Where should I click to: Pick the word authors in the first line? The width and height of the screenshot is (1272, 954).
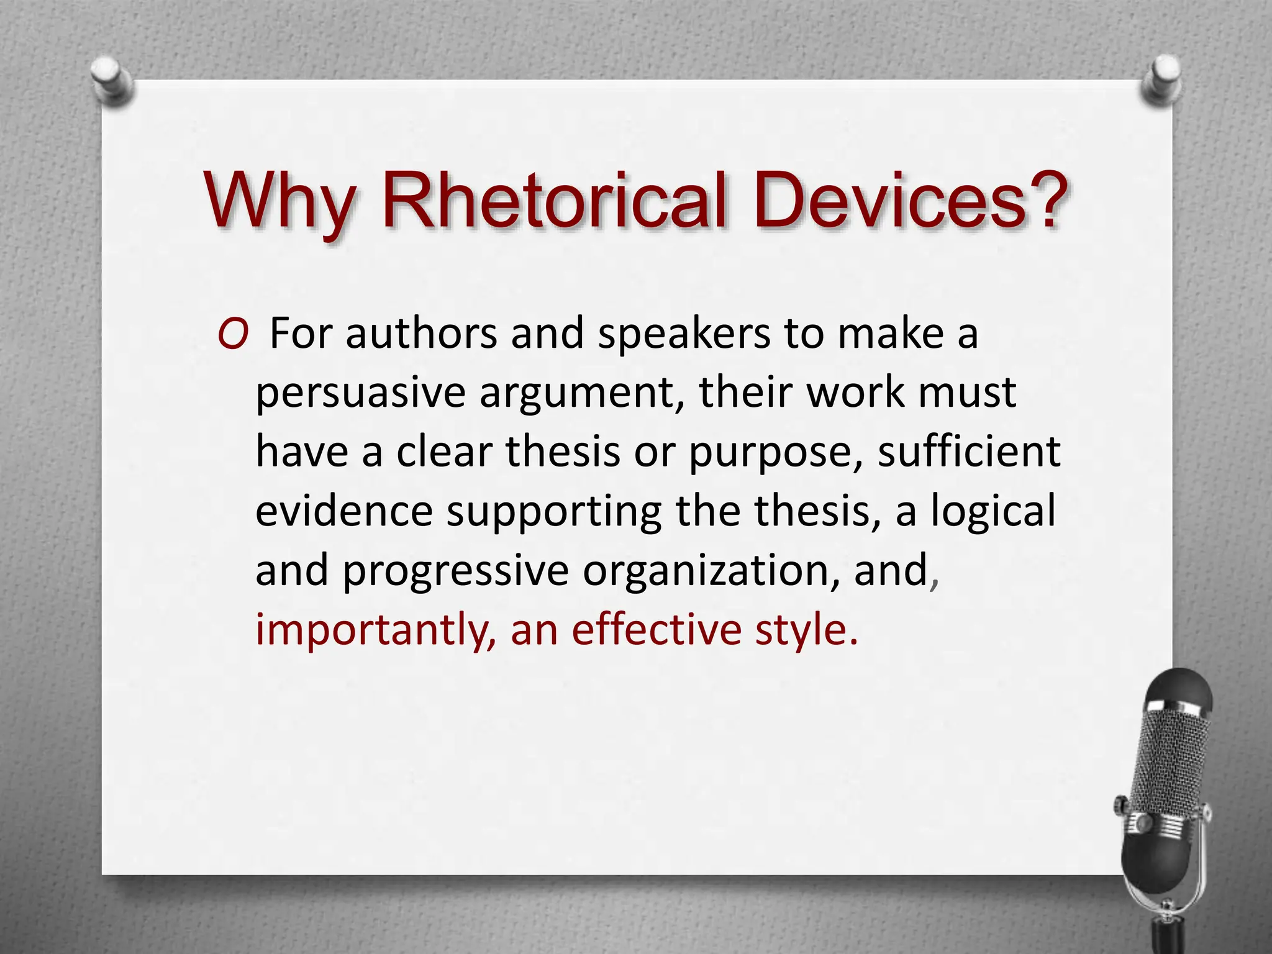[x=421, y=334]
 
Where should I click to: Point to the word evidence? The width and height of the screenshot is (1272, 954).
[x=343, y=511]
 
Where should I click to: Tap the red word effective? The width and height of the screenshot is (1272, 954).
[x=656, y=629]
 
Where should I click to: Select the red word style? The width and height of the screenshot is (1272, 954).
[x=806, y=630]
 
